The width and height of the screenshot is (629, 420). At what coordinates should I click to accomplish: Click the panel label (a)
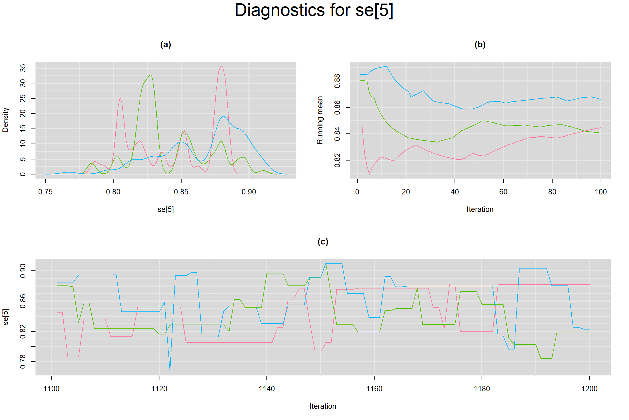coord(166,45)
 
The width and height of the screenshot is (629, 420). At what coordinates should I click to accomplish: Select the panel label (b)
coord(480,45)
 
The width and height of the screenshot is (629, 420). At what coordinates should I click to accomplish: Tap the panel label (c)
coord(323,242)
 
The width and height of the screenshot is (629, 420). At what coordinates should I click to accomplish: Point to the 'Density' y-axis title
coord(5,120)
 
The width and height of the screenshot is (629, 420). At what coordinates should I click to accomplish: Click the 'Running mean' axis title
coord(320,120)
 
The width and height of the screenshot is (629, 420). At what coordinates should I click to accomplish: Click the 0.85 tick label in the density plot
coord(181,192)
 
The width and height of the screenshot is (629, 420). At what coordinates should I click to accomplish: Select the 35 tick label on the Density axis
coord(23,68)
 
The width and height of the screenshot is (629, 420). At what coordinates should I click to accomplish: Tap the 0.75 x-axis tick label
coord(45,192)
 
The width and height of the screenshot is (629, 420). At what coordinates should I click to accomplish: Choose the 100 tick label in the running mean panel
coord(601,192)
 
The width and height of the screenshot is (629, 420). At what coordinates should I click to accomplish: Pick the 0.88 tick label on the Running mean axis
coord(337,81)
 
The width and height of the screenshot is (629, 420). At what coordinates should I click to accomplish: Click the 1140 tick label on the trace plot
coord(267,389)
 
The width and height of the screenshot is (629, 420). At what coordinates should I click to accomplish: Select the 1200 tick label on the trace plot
coord(589,389)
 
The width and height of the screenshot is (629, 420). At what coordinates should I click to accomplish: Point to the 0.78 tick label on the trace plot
coord(23,361)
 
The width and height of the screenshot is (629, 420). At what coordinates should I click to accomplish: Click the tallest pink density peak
coord(221,66)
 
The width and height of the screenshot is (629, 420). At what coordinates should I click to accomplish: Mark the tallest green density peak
coord(150,75)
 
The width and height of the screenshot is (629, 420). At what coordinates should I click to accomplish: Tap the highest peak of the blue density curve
coord(224,116)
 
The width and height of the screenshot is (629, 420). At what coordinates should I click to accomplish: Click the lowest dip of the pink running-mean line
coord(369,174)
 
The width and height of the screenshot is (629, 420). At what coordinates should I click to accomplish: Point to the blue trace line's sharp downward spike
coord(170,371)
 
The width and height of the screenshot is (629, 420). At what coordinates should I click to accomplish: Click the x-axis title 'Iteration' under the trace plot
coord(323,406)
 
